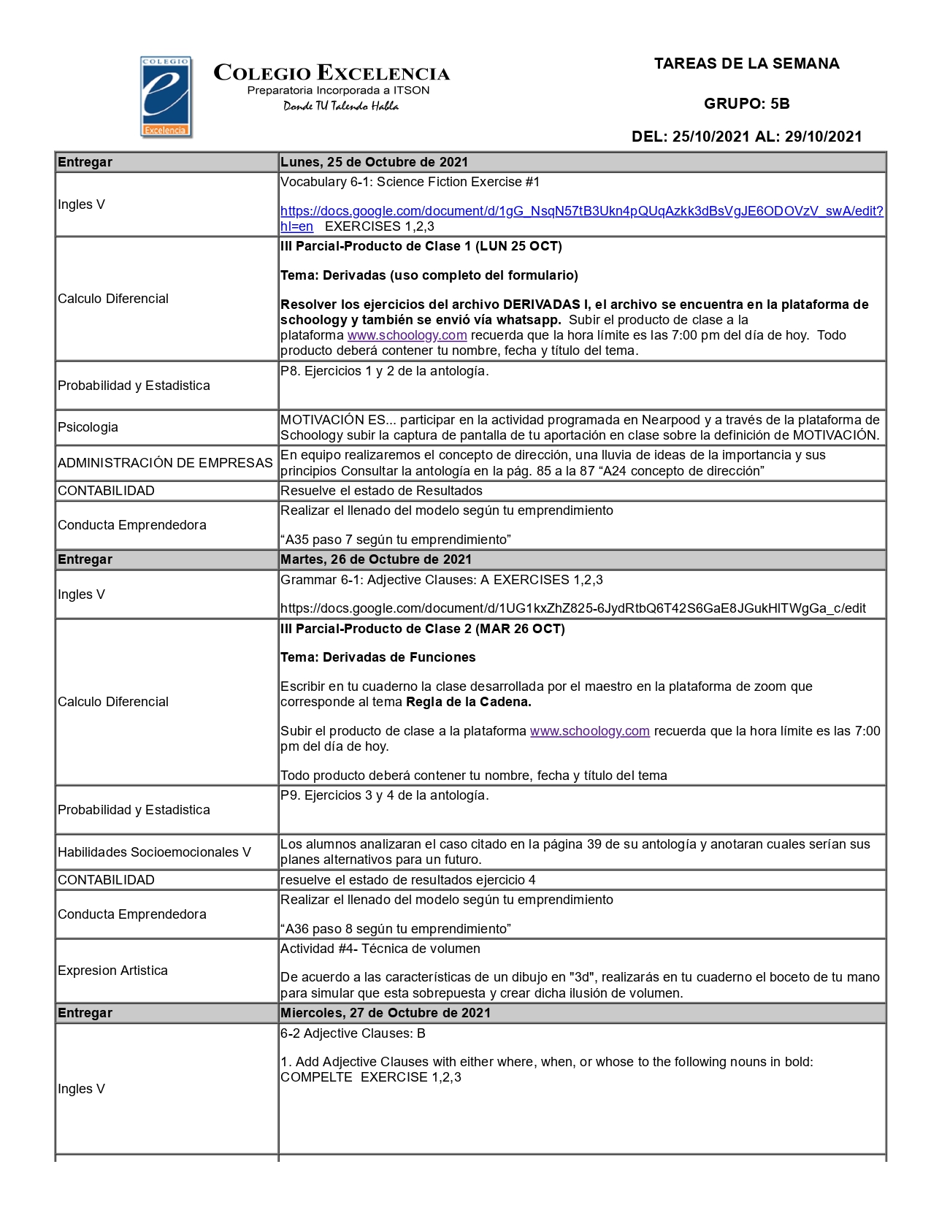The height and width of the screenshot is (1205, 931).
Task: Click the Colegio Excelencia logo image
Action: pyautogui.click(x=166, y=97)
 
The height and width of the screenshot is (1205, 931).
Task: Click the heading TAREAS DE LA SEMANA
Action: pyautogui.click(x=746, y=64)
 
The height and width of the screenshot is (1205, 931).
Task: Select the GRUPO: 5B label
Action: pyautogui.click(x=746, y=104)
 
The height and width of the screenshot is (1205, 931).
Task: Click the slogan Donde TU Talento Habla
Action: pyautogui.click(x=341, y=107)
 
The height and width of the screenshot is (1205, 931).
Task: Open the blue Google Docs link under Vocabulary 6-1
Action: pyautogui.click(x=581, y=211)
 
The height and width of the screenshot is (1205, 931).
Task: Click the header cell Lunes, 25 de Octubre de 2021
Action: pyautogui.click(x=374, y=162)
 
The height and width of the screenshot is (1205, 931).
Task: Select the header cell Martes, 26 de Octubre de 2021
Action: pyautogui.click(x=375, y=559)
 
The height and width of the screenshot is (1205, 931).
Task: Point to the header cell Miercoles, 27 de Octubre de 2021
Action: pyautogui.click(x=385, y=1013)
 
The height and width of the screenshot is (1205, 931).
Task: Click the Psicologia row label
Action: pyautogui.click(x=88, y=427)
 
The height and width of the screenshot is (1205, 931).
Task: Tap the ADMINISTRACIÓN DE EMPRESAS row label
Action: pyautogui.click(x=165, y=463)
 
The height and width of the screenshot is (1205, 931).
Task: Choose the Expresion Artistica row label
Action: pyautogui.click(x=112, y=971)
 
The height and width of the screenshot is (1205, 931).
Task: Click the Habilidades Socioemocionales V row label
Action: pyautogui.click(x=154, y=852)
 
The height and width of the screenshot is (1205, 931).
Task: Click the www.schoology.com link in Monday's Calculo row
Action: pyautogui.click(x=407, y=335)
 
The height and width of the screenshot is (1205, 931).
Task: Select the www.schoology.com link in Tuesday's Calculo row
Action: pyautogui.click(x=589, y=731)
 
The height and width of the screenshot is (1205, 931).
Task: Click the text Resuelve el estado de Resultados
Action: pyautogui.click(x=381, y=491)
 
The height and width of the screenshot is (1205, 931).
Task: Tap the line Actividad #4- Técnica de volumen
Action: pyautogui.click(x=380, y=949)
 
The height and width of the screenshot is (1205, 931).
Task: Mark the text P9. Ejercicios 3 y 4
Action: pyautogui.click(x=337, y=795)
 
